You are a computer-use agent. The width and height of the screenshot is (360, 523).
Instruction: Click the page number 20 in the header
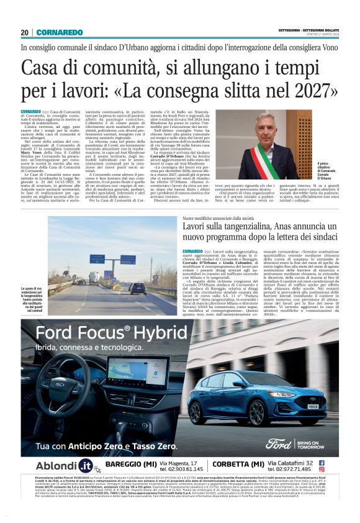(x=24, y=32)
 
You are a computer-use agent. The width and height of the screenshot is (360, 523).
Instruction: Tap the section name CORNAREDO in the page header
(x=58, y=32)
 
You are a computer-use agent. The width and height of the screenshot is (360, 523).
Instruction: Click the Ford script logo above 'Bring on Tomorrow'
(x=277, y=443)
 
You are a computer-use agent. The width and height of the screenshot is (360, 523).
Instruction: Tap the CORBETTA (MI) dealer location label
(x=238, y=464)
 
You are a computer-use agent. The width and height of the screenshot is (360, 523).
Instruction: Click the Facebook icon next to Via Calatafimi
(x=322, y=462)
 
